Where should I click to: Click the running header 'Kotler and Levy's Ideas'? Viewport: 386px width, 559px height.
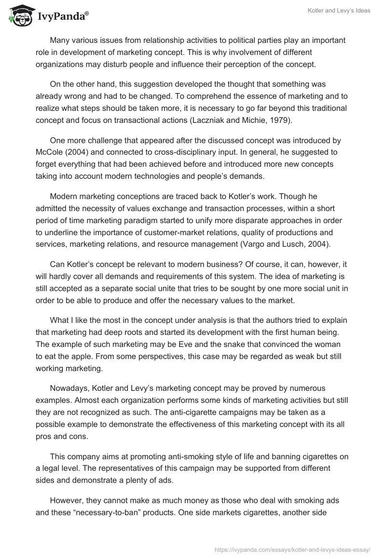(x=339, y=11)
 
